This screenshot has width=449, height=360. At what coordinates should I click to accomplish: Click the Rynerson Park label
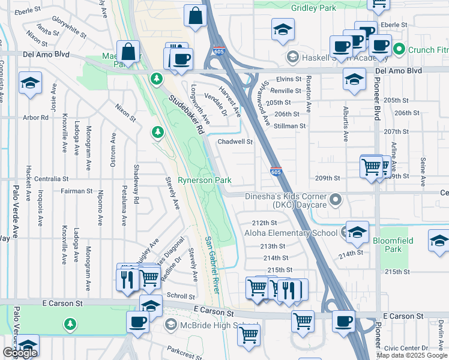[205, 180]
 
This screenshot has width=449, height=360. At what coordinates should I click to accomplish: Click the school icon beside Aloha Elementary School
[357, 231]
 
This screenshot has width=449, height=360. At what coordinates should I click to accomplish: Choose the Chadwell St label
[235, 142]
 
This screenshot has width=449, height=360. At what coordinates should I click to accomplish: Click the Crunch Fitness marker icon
[400, 50]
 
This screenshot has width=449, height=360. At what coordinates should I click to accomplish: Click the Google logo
[20, 353]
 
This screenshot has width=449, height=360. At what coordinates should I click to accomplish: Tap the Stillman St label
[291, 126]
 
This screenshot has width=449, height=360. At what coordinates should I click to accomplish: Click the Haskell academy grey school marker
[293, 58]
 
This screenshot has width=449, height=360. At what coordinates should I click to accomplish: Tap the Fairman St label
[76, 191]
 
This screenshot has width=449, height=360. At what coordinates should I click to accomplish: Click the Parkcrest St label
[181, 351]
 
